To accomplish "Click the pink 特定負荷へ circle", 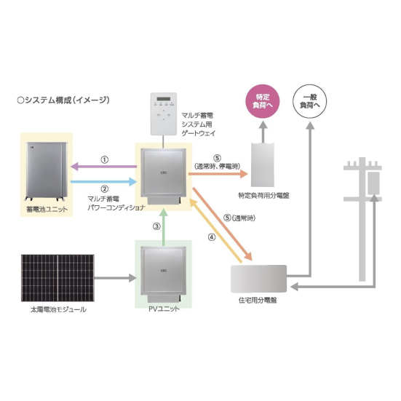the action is pyautogui.click(x=263, y=101).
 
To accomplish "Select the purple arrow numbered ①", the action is pyautogui.click(x=103, y=167).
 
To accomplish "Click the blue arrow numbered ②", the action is pyautogui.click(x=103, y=181).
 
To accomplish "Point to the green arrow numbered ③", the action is pyautogui.click(x=164, y=227).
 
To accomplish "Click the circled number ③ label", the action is pyautogui.click(x=156, y=226).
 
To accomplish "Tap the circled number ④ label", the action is pyautogui.click(x=212, y=237).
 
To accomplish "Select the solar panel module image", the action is pyautogui.click(x=57, y=278).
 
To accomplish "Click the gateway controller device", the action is pyautogui.click(x=164, y=114).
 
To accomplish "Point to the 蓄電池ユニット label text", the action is pyautogui.click(x=47, y=210).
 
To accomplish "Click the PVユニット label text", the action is pyautogui.click(x=164, y=309).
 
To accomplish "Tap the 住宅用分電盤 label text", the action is pyautogui.click(x=258, y=300).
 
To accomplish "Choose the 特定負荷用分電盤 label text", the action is pyautogui.click(x=263, y=196).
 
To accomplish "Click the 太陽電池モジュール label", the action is pyautogui.click(x=58, y=310).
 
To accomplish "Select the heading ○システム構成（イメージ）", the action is pyautogui.click(x=63, y=100).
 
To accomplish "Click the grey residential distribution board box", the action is pyautogui.click(x=258, y=279).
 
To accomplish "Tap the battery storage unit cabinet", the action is pyautogui.click(x=47, y=171).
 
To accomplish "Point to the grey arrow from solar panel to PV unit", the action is pyautogui.click(x=116, y=278).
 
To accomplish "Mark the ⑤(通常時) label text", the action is pyautogui.click(x=239, y=218).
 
